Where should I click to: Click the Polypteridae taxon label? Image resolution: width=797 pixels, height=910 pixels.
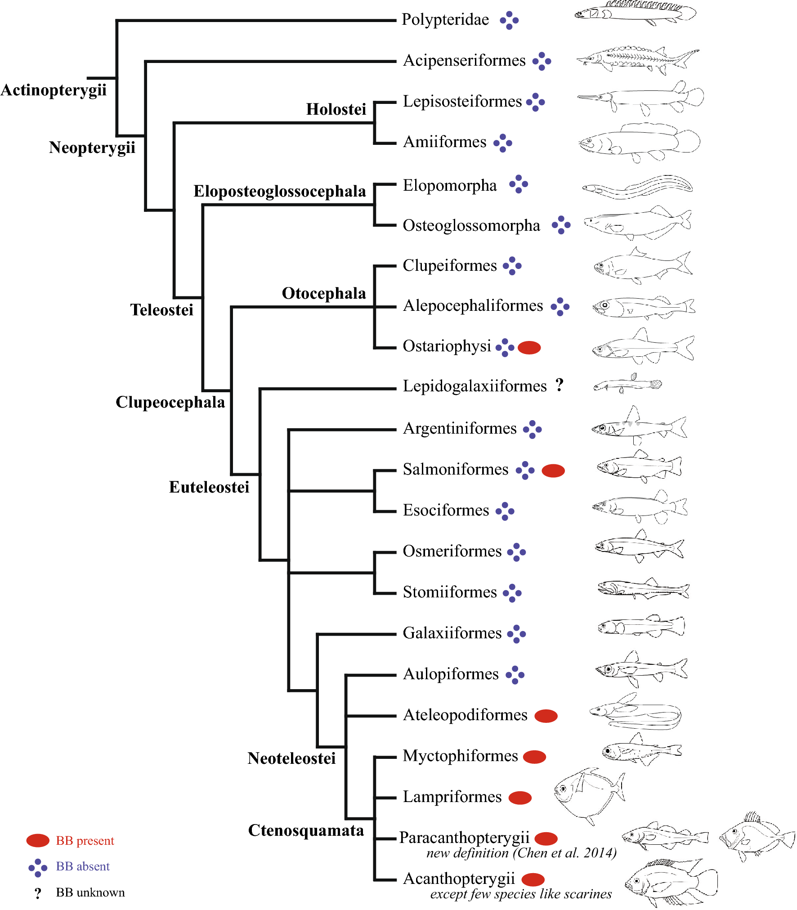coord(445,20)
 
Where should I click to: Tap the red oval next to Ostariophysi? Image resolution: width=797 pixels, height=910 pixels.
coord(529,347)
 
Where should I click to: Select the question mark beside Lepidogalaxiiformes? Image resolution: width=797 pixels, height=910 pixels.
coord(559,385)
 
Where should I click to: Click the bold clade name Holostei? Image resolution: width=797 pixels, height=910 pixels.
coord(336,109)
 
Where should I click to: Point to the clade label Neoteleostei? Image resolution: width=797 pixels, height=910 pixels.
coord(291,758)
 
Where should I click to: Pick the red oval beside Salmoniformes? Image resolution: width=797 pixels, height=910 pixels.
coord(553,471)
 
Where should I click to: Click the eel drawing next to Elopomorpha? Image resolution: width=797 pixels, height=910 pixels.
coord(637,187)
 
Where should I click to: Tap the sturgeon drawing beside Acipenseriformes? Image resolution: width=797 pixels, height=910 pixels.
coord(637,59)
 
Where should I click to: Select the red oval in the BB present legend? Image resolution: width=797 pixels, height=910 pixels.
coord(38,840)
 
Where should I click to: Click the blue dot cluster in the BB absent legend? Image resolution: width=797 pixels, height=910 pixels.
coord(38,868)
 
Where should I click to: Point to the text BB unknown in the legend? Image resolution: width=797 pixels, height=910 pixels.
coord(90,892)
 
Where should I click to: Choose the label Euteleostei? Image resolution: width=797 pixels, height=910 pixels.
coord(209,487)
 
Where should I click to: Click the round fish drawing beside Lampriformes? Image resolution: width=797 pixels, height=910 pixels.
coord(588,795)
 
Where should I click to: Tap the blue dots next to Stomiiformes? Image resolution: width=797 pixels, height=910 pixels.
coord(512,593)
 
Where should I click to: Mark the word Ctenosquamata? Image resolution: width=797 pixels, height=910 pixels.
coord(306,830)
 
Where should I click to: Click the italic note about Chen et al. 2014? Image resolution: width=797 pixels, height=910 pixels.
coord(521,853)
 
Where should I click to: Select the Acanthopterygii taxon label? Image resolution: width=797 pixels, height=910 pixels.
coord(458,879)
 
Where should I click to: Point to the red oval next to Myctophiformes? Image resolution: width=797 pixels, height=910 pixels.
coord(535,757)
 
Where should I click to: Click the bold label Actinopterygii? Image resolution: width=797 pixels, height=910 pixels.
coord(54,90)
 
